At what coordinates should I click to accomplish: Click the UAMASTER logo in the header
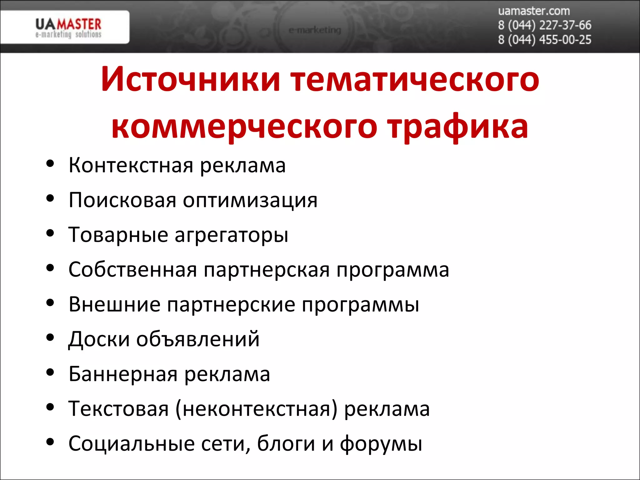(68, 27)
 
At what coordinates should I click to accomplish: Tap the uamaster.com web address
(534, 11)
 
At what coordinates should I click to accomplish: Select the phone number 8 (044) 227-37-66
(544, 25)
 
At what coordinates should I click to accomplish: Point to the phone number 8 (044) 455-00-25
(544, 40)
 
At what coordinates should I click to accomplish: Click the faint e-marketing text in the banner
(315, 30)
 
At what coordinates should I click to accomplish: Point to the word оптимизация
(250, 200)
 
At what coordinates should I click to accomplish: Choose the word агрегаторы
(231, 235)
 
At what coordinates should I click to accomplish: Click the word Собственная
(133, 269)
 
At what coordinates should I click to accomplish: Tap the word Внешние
(114, 304)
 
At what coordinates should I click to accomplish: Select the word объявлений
(198, 339)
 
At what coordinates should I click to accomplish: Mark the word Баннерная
(123, 374)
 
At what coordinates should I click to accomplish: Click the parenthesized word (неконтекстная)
(257, 409)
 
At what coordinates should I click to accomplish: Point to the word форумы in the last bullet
(381, 444)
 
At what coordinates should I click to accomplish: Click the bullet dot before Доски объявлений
(50, 337)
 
